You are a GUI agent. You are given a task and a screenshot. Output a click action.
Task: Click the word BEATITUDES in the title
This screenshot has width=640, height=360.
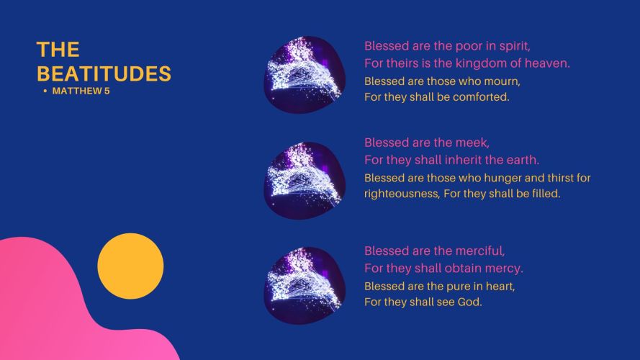click(x=104, y=73)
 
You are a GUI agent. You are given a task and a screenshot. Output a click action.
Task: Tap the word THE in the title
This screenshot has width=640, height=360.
click(x=58, y=50)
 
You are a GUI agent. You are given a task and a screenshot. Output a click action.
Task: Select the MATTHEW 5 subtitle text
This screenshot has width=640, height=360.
click(x=81, y=91)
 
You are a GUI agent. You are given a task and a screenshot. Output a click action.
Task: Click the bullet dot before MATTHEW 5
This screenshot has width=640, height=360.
click(x=45, y=91)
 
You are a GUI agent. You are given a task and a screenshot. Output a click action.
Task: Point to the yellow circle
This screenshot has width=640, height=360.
click(x=130, y=266)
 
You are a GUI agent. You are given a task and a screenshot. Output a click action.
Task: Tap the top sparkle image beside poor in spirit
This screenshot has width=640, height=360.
click(x=305, y=75)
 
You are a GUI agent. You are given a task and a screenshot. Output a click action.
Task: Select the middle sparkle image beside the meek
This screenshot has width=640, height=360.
click(x=305, y=181)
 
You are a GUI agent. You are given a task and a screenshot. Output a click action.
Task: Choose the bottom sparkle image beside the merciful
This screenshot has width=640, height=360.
click(x=305, y=285)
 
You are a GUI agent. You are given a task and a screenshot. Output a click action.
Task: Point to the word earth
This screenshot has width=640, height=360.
click(x=523, y=160)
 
